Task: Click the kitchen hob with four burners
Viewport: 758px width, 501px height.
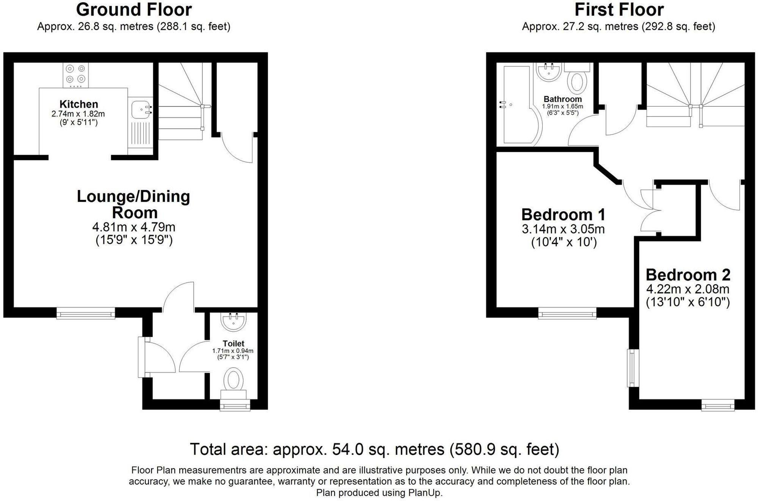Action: point(75,74)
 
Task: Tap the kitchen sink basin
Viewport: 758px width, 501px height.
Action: point(139,110)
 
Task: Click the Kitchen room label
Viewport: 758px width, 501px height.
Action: point(78,104)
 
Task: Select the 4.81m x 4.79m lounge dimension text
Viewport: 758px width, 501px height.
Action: point(134,227)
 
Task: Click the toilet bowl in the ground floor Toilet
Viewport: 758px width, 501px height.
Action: point(233,379)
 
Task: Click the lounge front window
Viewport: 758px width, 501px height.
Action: point(86,313)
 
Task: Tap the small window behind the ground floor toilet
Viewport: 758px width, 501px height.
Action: point(235,406)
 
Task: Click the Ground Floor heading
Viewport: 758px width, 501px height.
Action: point(134,9)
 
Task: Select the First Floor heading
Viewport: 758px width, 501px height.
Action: point(619,9)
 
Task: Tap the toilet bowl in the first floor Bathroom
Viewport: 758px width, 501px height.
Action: point(577,82)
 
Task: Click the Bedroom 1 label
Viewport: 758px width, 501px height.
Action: point(563,215)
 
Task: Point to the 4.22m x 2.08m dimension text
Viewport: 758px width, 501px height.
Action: point(688,289)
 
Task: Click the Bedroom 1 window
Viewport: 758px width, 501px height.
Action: point(567,313)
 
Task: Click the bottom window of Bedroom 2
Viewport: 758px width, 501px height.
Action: point(717,406)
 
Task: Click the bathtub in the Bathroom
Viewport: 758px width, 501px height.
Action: point(516,106)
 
